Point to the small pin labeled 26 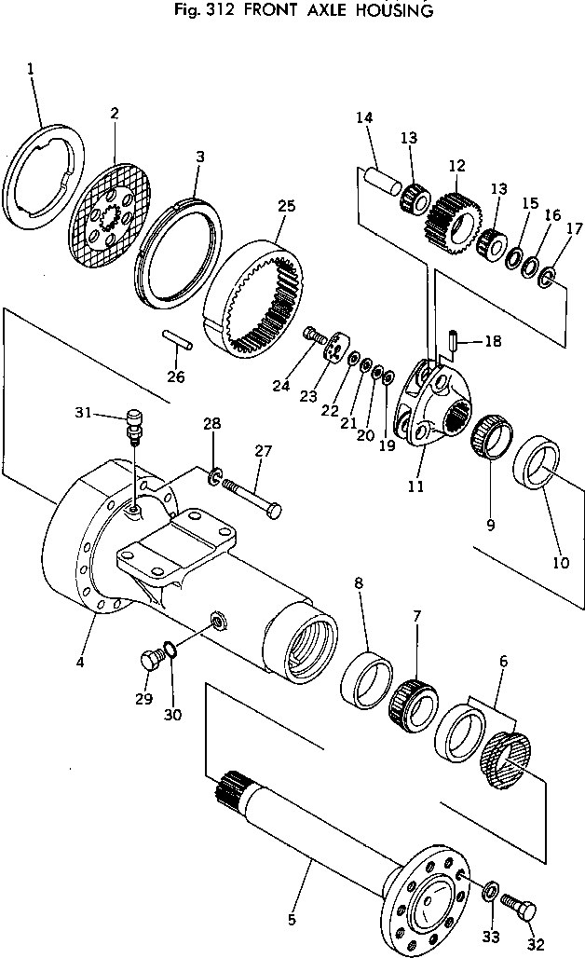tap(177, 341)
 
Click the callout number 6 tap(503, 661)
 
